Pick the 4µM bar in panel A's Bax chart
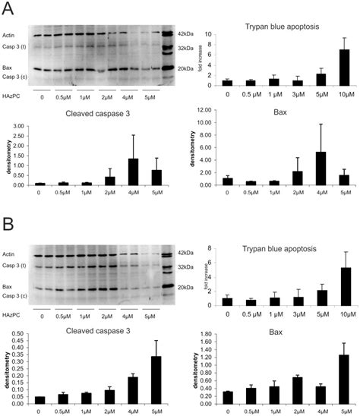coord(321,168)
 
